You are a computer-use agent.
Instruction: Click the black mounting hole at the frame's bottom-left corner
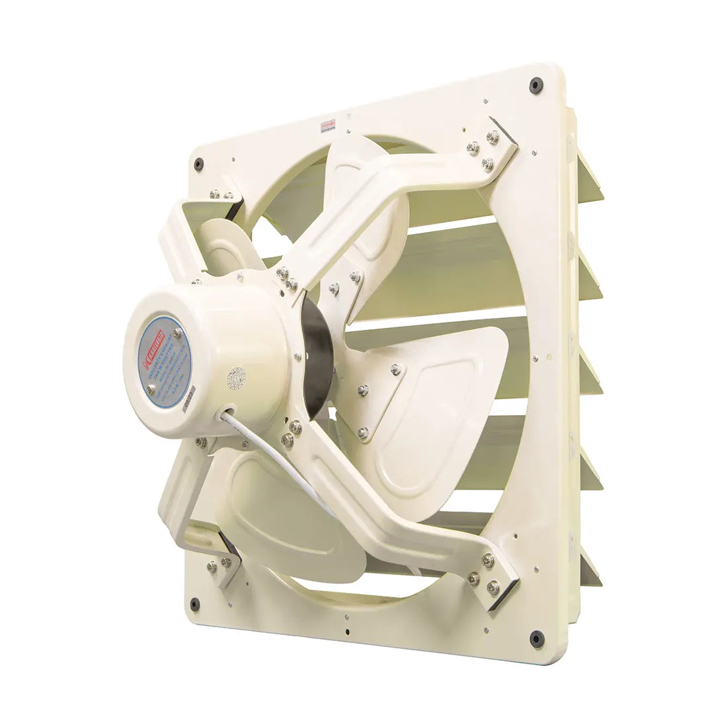click(x=194, y=603)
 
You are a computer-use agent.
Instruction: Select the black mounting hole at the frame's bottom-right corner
click(x=537, y=639)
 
